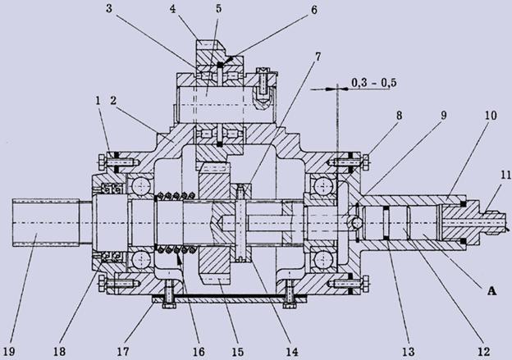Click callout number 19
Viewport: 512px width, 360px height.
(x=10, y=352)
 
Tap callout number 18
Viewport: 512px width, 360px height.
(x=59, y=352)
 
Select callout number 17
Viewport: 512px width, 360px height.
(x=123, y=352)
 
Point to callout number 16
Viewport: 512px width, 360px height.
(x=199, y=352)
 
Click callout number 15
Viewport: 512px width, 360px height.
(x=237, y=352)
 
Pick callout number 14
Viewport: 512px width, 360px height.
(x=291, y=352)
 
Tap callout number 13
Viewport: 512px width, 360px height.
(x=408, y=352)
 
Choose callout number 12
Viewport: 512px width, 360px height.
(x=483, y=352)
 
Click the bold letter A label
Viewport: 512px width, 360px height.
(x=491, y=290)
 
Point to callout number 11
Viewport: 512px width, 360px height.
(x=505, y=175)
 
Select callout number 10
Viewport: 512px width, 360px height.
(x=491, y=115)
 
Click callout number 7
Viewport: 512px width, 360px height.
(x=318, y=57)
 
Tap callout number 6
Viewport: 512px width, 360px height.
(x=313, y=10)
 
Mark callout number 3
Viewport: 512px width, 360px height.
(x=109, y=8)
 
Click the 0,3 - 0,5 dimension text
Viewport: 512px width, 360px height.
(x=374, y=83)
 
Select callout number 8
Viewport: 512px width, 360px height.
(x=399, y=115)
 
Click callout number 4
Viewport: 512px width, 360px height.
(x=173, y=8)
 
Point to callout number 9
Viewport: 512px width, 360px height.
(x=443, y=115)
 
